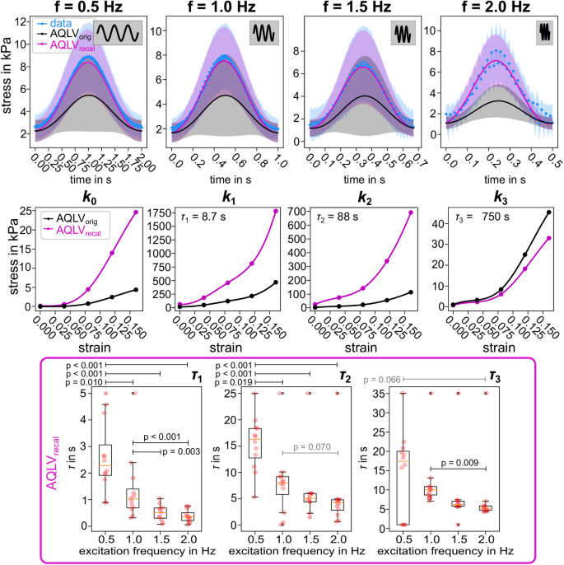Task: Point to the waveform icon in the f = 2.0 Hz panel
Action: point(543,31)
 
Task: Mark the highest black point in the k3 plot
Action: point(548,212)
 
